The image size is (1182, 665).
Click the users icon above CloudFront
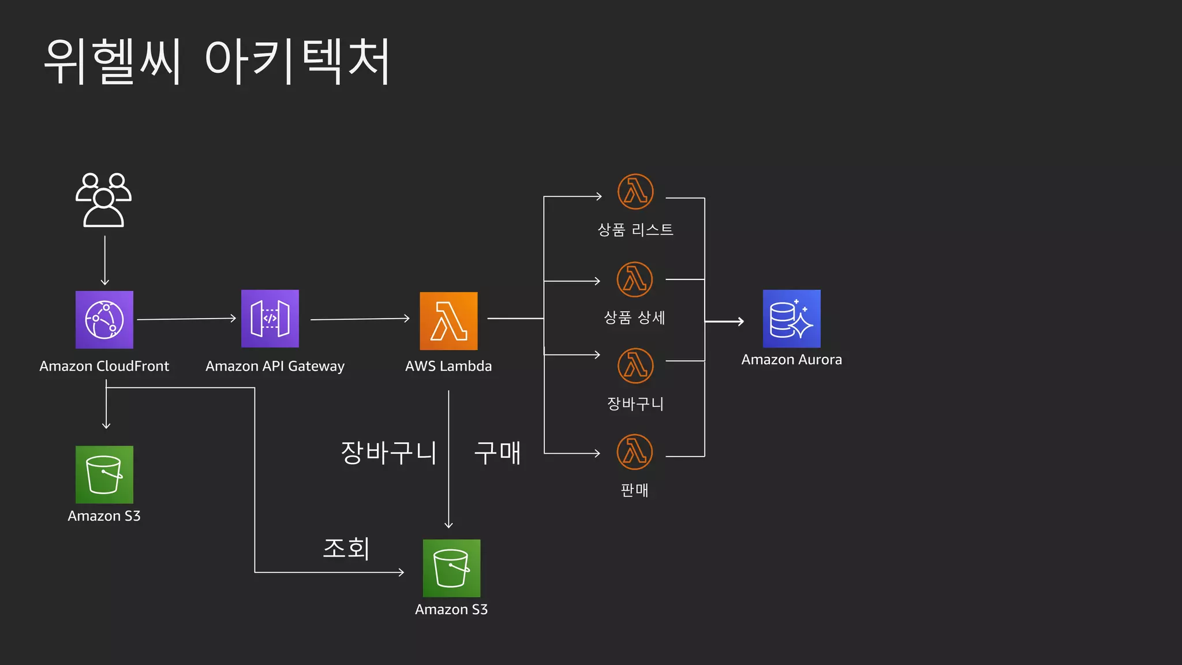pos(104,200)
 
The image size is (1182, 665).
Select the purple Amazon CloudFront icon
pos(104,320)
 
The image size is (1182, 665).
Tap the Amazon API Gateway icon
pos(270,319)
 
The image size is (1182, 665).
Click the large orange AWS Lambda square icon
pos(448,321)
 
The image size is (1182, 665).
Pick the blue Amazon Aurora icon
pos(791,319)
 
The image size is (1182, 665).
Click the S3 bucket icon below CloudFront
pos(104,475)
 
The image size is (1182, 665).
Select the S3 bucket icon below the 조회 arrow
pos(451,568)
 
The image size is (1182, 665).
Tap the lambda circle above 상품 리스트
pos(635,192)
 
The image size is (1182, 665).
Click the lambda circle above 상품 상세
pos(635,279)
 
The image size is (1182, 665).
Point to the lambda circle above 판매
pos(635,452)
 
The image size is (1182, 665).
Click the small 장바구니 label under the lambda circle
pos(635,404)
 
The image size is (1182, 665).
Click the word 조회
pos(346,548)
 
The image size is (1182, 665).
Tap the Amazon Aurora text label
pos(791,360)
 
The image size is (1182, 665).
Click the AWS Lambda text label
pos(448,366)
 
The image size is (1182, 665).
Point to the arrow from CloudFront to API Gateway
pos(186,319)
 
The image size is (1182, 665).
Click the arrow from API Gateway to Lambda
pos(360,319)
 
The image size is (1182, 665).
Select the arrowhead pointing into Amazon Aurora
pos(740,322)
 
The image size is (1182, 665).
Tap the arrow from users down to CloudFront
pos(105,260)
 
